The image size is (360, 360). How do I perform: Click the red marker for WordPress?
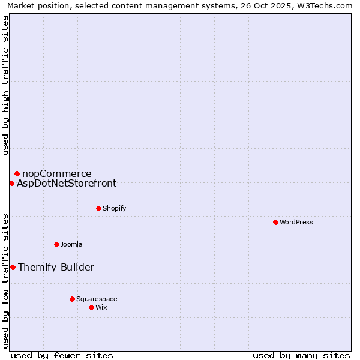[275, 222]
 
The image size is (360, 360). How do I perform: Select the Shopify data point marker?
[98, 208]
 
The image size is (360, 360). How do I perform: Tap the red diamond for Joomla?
[56, 244]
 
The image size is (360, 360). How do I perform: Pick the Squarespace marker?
[72, 299]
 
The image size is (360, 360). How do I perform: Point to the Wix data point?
[91, 307]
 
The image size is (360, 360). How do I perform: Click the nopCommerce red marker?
[17, 174]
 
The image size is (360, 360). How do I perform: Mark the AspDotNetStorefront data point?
[11, 183]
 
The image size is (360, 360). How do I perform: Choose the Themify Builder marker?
[13, 267]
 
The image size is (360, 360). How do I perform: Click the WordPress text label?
[296, 222]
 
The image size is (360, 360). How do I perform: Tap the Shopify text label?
[114, 208]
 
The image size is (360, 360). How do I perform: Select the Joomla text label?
[71, 244]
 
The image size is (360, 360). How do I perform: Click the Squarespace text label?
[97, 299]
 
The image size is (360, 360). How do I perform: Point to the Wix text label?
[101, 307]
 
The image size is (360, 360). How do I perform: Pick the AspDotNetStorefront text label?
[67, 184]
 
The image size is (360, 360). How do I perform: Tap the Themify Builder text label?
[56, 268]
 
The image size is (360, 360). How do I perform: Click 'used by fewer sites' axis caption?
[62, 355]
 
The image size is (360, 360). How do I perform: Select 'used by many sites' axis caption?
[301, 355]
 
